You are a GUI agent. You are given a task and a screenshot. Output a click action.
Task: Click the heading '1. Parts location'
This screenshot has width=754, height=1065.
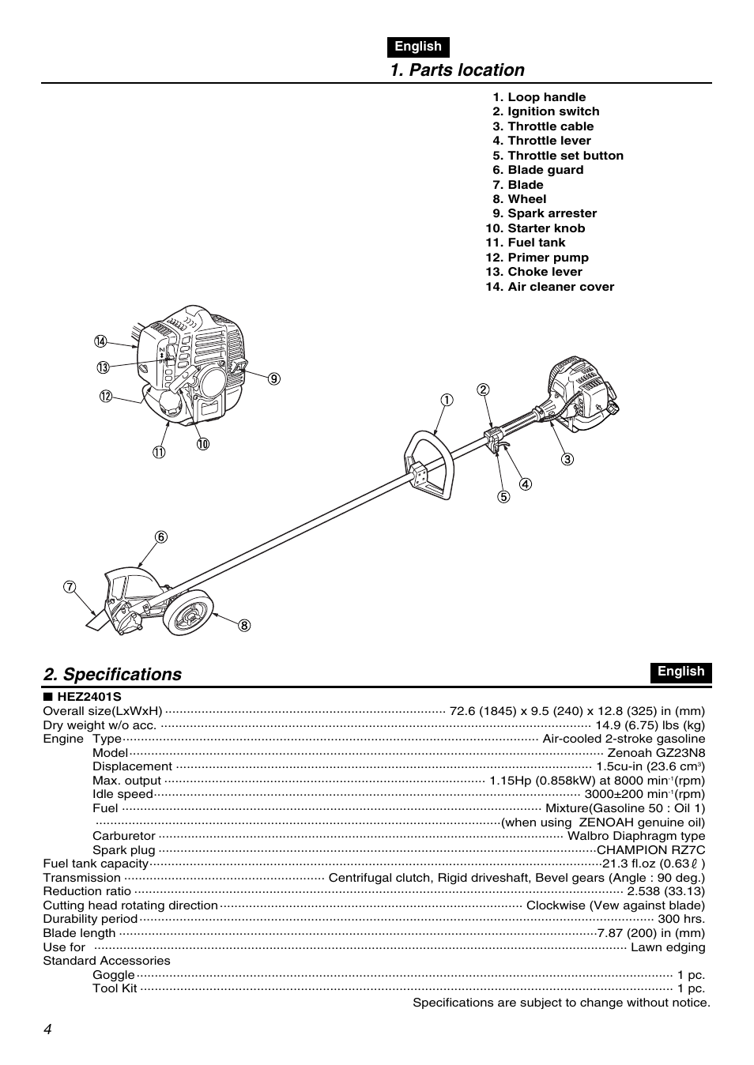pos(457,70)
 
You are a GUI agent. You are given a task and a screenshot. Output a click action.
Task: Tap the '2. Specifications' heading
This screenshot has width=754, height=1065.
pos(113,675)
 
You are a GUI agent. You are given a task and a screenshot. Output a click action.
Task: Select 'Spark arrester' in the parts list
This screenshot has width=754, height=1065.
pos(552,214)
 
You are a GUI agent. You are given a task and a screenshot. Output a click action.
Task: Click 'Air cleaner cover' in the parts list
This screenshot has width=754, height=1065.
pos(560,287)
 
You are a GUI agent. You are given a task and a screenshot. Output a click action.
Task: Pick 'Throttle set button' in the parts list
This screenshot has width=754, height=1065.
pos(564,156)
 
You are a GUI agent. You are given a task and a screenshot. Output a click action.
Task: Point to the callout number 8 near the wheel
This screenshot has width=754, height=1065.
pos(244,626)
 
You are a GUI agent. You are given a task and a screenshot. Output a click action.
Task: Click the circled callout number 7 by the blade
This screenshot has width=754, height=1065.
pos(70,587)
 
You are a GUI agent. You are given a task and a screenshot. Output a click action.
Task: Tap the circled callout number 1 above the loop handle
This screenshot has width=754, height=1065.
pos(447,400)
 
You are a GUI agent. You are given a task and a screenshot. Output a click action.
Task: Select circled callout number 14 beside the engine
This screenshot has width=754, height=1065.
pos(100,341)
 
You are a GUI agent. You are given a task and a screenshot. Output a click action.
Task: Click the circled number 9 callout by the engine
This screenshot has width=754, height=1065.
pos(273,378)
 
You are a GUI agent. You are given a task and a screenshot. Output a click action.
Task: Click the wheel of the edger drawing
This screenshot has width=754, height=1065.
pos(190,613)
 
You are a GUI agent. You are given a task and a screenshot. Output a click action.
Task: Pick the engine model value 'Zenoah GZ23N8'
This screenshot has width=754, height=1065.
pos(656,753)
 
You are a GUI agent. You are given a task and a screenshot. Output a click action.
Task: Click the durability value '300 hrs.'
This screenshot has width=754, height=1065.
pos(680,920)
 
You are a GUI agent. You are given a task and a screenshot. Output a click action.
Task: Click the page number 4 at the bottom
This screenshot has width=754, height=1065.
pos(48,1029)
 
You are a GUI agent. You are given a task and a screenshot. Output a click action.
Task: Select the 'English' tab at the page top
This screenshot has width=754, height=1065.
pos(418,47)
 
